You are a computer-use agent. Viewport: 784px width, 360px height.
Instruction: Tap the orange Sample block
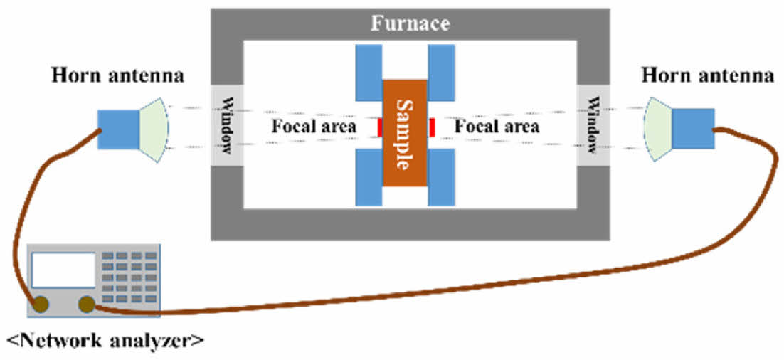click(x=405, y=134)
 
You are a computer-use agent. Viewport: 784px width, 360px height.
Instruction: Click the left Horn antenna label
click(x=117, y=76)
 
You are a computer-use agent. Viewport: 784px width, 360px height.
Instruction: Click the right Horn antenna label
click(x=707, y=75)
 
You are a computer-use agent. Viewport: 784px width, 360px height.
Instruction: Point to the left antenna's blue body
click(x=118, y=129)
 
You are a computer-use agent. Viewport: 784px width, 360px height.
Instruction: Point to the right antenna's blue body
click(x=693, y=129)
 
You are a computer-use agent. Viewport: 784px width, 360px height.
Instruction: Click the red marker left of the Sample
click(x=380, y=127)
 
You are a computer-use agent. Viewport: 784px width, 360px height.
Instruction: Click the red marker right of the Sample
click(x=431, y=127)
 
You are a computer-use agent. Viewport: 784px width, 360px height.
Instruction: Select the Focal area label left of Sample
click(x=313, y=127)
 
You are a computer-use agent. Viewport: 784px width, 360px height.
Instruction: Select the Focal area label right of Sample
click(x=497, y=127)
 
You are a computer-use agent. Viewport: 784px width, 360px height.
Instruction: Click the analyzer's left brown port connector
click(x=40, y=305)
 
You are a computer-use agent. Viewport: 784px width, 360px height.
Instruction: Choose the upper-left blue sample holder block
click(x=369, y=73)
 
